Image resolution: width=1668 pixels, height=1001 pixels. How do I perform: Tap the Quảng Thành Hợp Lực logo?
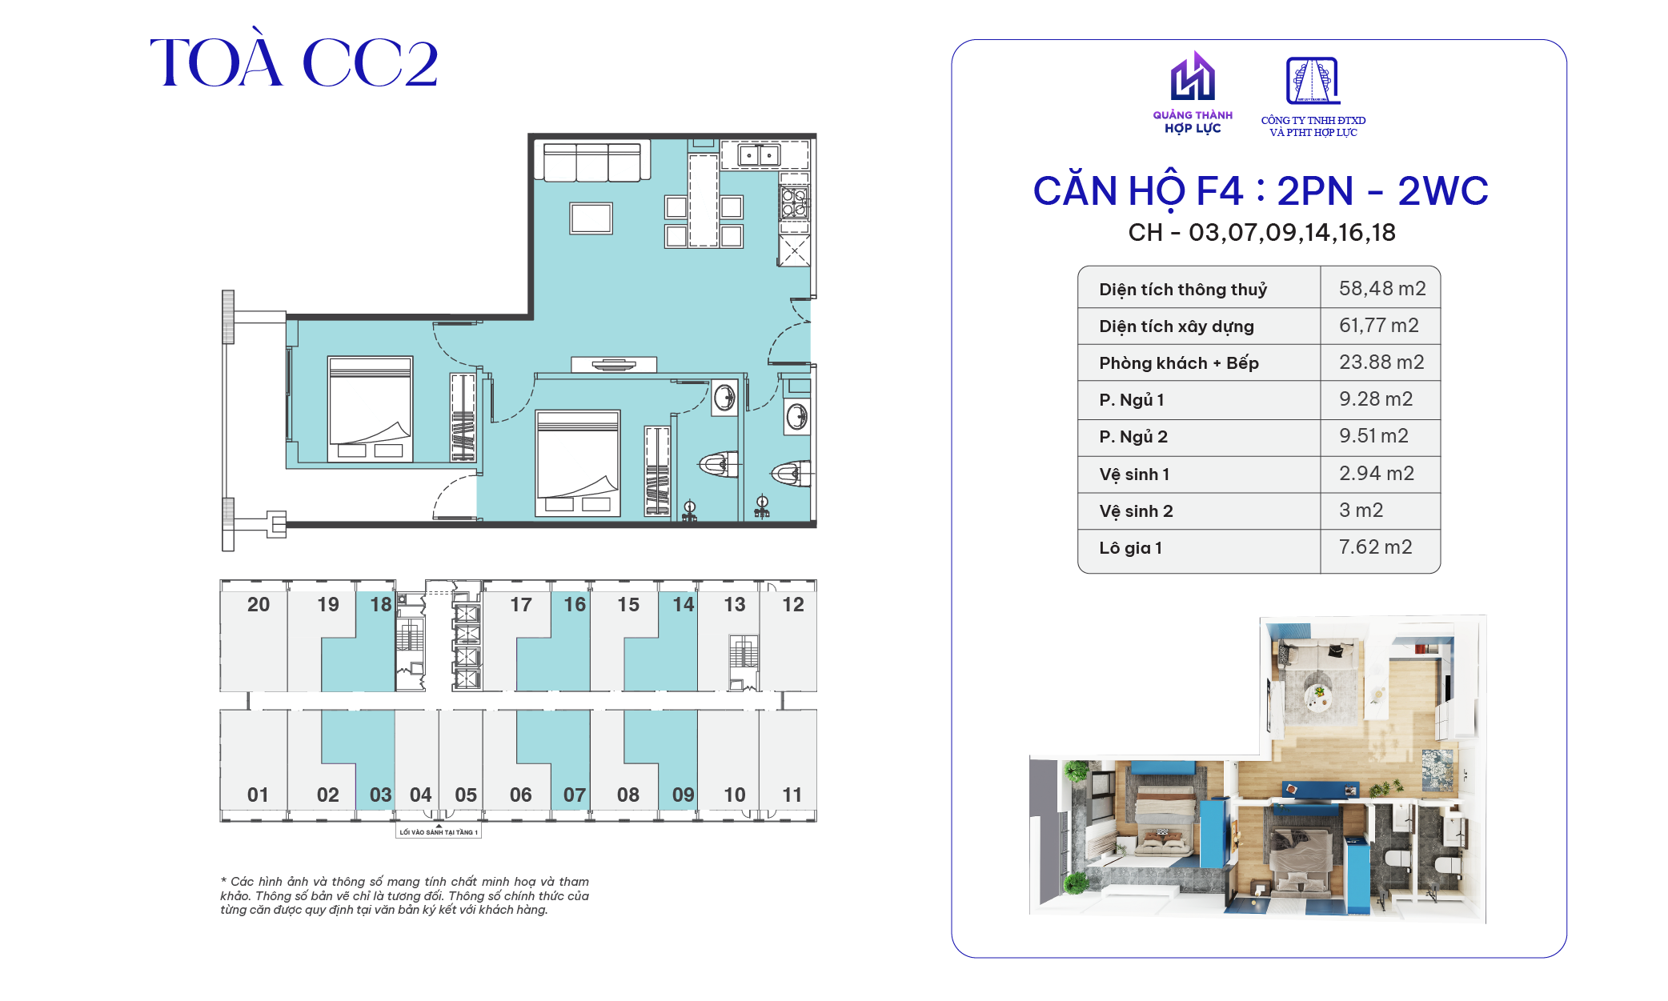1193,93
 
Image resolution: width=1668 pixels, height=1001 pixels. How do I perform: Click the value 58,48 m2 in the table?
1382,288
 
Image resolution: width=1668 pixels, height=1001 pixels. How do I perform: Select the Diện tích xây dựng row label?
1177,326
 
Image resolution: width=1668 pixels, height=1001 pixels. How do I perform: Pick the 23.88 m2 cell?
1381,362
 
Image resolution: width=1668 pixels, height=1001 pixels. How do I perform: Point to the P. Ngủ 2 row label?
1133,437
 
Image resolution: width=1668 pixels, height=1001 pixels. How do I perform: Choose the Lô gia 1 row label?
1130,548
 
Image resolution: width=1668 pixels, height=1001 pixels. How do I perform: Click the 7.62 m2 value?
1375,547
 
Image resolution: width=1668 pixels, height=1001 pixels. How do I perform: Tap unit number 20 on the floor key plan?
259,604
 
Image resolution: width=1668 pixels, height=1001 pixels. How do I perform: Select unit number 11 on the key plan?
792,795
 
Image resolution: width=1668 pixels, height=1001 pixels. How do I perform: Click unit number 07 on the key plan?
575,795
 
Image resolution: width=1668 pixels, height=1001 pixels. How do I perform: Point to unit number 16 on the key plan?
575,604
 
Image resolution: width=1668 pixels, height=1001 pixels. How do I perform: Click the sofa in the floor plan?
592,161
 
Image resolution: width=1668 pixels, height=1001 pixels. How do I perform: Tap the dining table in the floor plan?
704,201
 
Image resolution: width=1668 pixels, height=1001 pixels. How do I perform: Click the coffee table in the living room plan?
591,218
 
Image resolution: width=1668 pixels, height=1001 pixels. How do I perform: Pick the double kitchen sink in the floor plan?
759,154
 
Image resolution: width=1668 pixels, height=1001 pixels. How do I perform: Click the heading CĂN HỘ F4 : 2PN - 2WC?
1261,191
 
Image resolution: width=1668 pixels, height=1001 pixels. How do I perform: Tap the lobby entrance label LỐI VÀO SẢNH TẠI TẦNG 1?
439,832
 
